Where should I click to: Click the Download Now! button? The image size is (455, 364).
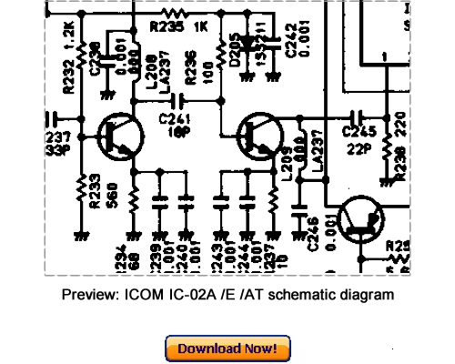click(227, 348)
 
